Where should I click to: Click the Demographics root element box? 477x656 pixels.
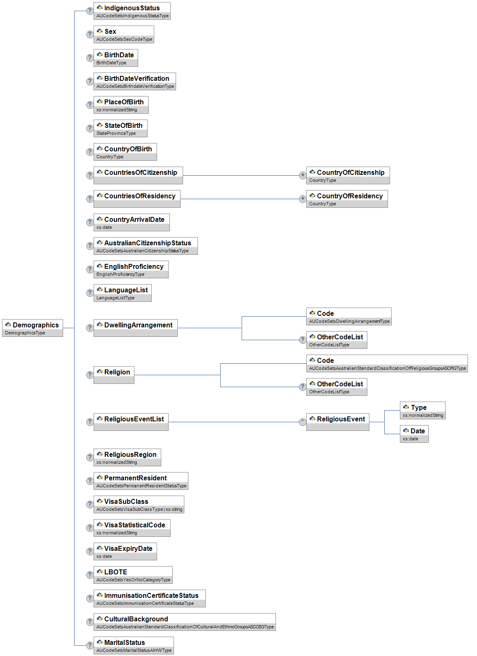(x=33, y=327)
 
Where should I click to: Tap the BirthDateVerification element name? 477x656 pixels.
(x=136, y=78)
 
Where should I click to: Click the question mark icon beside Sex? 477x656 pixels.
(x=89, y=34)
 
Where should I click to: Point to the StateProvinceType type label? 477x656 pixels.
(x=116, y=133)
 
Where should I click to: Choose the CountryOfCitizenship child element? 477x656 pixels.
(x=348, y=175)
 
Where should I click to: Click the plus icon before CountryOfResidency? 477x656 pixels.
(x=303, y=199)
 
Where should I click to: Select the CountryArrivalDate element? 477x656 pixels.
(x=132, y=222)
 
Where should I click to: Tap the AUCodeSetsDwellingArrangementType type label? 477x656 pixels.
(x=349, y=321)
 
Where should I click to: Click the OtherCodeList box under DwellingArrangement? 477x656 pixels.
(x=336, y=339)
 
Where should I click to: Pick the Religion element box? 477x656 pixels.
(x=114, y=374)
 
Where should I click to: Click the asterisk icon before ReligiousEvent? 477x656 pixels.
(x=303, y=422)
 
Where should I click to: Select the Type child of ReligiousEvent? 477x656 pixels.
(x=422, y=410)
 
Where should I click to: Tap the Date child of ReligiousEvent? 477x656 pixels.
(x=414, y=433)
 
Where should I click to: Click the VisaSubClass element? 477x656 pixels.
(x=139, y=504)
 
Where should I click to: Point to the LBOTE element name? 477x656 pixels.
(x=115, y=572)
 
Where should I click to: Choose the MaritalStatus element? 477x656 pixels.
(x=133, y=645)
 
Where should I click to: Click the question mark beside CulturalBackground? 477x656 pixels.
(x=89, y=622)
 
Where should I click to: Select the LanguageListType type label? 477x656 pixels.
(x=115, y=298)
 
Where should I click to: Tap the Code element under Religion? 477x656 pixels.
(x=387, y=363)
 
